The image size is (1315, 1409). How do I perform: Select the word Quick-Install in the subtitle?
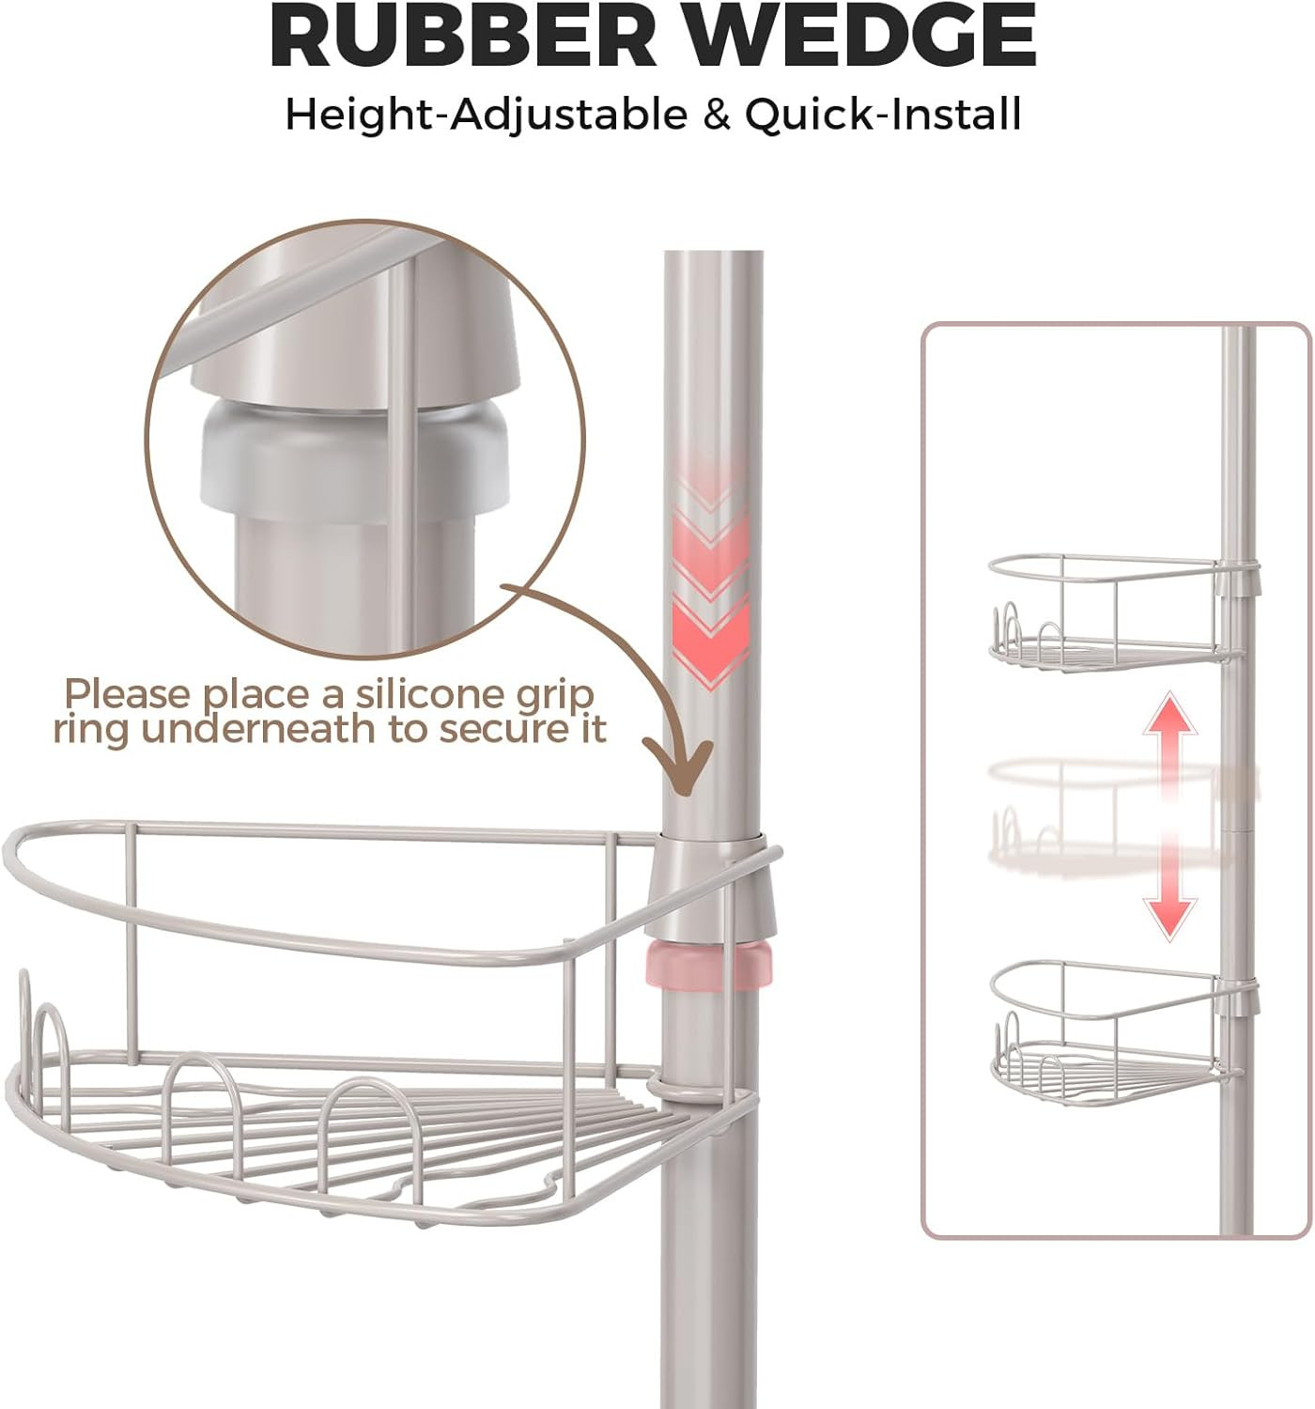(x=883, y=116)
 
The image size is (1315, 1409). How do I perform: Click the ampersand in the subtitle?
(x=716, y=116)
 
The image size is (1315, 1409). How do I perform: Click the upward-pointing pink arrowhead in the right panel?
(x=1168, y=714)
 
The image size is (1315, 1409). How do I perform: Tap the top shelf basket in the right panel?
(x=1108, y=611)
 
